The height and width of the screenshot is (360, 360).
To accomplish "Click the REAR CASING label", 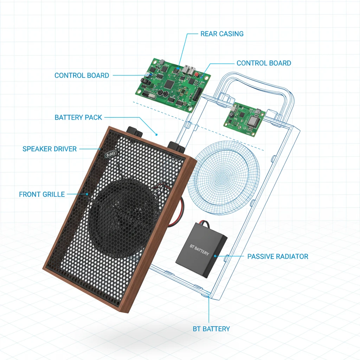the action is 222,34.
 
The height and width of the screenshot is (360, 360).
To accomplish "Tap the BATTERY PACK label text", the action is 78,117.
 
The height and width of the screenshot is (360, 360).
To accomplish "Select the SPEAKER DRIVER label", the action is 49,149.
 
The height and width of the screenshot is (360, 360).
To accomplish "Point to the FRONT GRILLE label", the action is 42,194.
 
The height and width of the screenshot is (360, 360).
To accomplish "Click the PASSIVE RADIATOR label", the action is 278,256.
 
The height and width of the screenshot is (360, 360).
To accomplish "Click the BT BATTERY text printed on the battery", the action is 199,250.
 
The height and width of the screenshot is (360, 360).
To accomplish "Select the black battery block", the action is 201,250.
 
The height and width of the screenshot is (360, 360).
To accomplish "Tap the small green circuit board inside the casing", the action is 245,120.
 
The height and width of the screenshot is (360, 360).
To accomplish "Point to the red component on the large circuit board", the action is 197,74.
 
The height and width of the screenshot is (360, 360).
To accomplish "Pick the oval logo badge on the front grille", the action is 111,155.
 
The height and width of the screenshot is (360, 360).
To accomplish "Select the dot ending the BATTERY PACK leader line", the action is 156,135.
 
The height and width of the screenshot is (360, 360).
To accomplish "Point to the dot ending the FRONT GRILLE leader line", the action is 87,194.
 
